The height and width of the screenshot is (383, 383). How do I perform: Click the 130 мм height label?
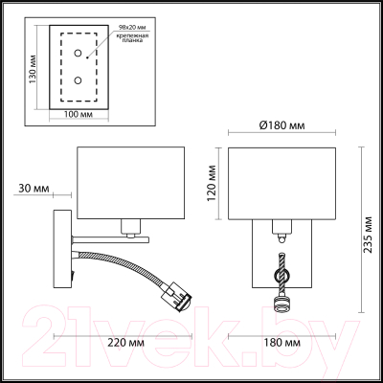tap(34, 66)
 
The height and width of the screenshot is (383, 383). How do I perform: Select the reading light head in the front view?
tap(281, 305)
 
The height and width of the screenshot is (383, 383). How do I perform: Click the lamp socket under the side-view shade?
tap(133, 227)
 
